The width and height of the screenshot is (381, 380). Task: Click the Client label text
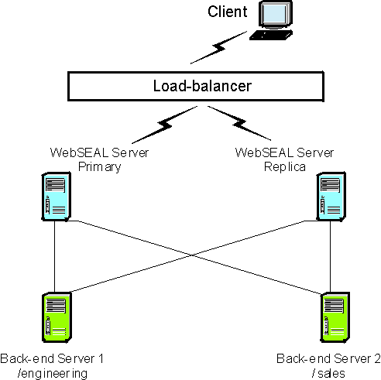coord(228,12)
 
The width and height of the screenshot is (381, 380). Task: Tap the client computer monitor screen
coord(274,15)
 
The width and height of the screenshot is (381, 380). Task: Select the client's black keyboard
coord(271,35)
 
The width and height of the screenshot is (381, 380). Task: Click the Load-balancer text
coord(202,86)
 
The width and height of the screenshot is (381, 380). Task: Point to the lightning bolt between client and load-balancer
coord(218,48)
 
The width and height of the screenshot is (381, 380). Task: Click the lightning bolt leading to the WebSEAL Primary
coord(164,125)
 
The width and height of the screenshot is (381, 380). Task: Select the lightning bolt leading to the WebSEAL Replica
coord(239,123)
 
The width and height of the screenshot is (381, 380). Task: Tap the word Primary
coord(100,167)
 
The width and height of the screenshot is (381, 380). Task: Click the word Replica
coord(285,167)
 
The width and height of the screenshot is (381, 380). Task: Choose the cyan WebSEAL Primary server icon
coord(57,197)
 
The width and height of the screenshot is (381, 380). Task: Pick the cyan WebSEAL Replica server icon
coord(331,197)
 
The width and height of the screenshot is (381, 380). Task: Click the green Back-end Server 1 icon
coord(57,317)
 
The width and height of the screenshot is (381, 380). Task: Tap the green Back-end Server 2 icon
coord(335,317)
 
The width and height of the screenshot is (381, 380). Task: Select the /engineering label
coord(53,373)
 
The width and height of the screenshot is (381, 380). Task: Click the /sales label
coord(328,373)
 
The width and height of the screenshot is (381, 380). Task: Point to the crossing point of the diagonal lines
coord(192,255)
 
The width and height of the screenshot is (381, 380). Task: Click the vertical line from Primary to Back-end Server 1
coord(55,257)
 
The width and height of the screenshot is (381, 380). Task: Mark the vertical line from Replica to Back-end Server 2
coord(330,257)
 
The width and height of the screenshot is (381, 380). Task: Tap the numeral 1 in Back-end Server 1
coord(101,358)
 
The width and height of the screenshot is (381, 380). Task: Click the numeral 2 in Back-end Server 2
coord(377,358)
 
